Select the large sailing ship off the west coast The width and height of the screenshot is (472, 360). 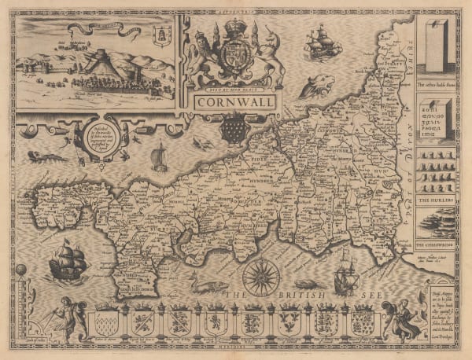(x=67, y=260)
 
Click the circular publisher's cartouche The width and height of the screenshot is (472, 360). (x=104, y=138)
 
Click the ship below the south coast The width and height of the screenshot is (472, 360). (x=344, y=279)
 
